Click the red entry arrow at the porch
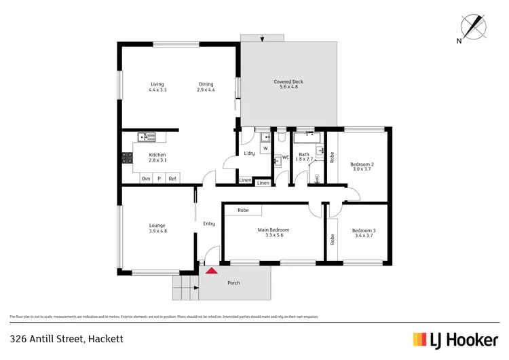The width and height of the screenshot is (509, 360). pos(212,270)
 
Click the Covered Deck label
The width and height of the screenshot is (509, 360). pos(288,82)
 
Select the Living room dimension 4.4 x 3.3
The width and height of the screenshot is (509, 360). pos(157,90)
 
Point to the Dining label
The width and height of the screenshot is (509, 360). pos(206,84)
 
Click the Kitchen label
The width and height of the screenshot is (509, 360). pos(157,155)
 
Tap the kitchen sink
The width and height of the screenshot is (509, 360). pos(146,137)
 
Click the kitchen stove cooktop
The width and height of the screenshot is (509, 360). pos(127,158)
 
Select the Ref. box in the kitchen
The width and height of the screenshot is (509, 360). pos(172,179)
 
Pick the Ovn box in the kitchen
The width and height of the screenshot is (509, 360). pos(145,179)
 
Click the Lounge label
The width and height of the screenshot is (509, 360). pos(157,226)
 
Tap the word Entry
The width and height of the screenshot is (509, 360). pos(209,223)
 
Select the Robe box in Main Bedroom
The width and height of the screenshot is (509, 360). pos(243,211)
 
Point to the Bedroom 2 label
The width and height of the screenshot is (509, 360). pos(362,164)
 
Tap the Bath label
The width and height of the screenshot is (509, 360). pos(304,155)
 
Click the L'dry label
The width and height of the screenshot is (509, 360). pos(249,153)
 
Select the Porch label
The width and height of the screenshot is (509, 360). pos(233,283)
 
